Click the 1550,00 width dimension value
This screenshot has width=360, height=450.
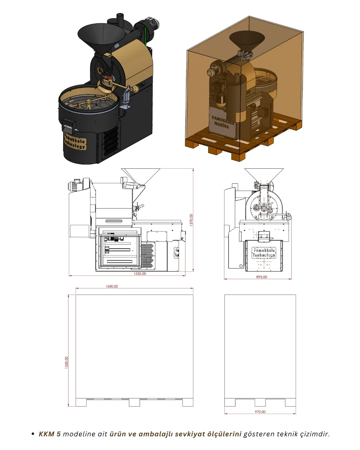(140, 274)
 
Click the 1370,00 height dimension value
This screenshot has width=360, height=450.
(191, 220)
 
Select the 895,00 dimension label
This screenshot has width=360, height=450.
(262, 277)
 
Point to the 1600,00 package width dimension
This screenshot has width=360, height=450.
(112, 286)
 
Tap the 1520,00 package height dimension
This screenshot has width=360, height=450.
(67, 362)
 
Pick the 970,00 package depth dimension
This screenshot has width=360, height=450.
(260, 412)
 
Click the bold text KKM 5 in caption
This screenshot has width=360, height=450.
(50, 434)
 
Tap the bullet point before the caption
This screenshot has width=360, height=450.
(33, 434)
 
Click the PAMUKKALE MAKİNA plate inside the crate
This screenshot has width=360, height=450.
(222, 122)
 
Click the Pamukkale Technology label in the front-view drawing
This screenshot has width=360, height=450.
(264, 253)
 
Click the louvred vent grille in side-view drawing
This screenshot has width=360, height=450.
(147, 255)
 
